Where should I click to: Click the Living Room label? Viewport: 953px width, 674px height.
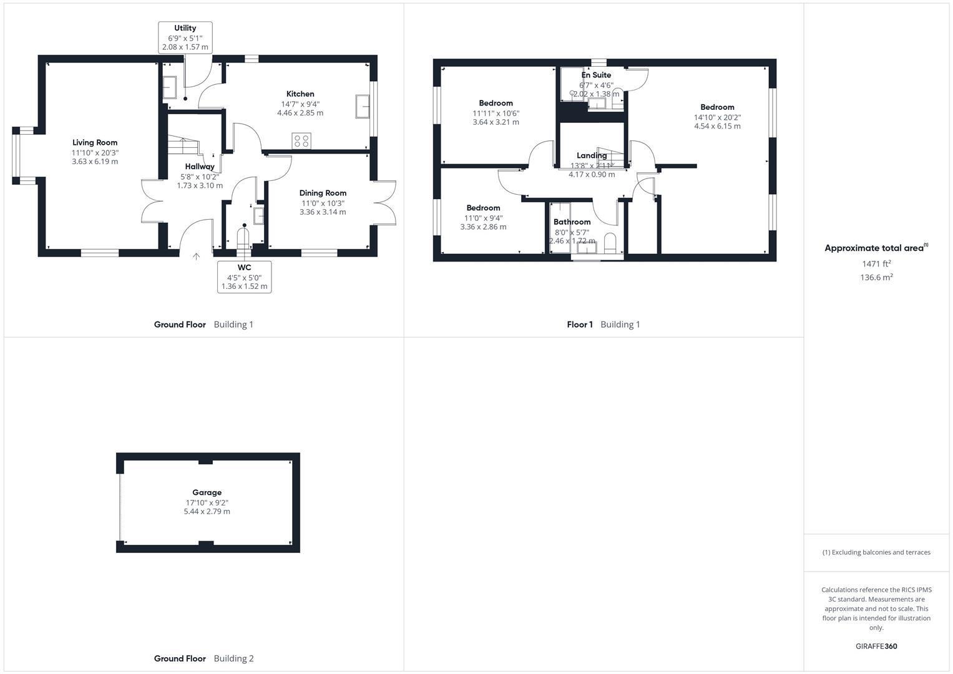[x=95, y=143]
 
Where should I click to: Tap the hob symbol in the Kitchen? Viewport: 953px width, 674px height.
[x=302, y=141]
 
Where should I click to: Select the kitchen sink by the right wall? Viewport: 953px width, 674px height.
[x=362, y=106]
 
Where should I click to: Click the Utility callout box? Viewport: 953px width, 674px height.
[x=185, y=37]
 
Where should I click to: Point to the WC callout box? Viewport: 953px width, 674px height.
[x=244, y=277]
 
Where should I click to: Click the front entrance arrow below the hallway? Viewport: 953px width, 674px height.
[x=197, y=256]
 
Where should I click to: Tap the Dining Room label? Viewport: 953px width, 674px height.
[x=323, y=193]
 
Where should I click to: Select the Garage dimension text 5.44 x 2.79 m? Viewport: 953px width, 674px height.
[x=207, y=512]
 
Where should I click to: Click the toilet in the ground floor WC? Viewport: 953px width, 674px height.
[x=243, y=238]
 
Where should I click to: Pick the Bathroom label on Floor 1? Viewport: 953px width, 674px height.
[x=572, y=222]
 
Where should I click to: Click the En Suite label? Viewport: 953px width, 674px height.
[x=596, y=75]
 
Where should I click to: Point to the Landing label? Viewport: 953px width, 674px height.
[x=592, y=155]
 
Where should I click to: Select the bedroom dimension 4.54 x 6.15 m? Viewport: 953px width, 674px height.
[x=717, y=126]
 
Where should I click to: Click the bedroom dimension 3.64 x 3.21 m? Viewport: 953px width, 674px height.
[x=496, y=122]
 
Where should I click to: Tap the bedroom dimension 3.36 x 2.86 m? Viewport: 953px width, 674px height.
[x=483, y=227]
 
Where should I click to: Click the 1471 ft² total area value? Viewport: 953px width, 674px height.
[x=876, y=264]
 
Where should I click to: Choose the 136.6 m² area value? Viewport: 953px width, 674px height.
[x=876, y=278]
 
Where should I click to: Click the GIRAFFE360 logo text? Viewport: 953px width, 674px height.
[x=876, y=647]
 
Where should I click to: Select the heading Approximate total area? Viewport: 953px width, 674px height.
[x=874, y=248]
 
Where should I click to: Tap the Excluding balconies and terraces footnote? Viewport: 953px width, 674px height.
[x=876, y=552]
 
